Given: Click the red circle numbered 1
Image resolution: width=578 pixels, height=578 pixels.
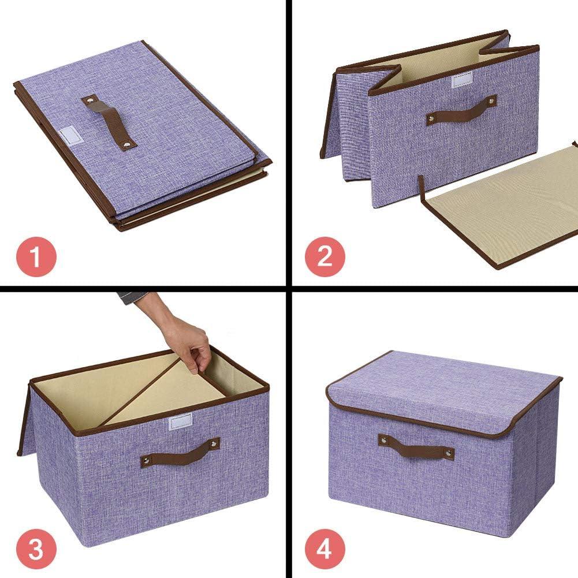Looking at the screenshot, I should pyautogui.click(x=36, y=256).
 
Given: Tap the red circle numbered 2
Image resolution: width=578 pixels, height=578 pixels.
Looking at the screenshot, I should pyautogui.click(x=325, y=256).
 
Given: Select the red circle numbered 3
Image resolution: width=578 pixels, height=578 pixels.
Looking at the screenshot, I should pyautogui.click(x=36, y=548).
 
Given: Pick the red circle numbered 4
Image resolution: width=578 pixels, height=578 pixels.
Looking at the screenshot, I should pyautogui.click(x=325, y=548).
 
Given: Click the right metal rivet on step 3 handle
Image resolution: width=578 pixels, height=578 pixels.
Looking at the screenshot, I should pyautogui.click(x=214, y=444).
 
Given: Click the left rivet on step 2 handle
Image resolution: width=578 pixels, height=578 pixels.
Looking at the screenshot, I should pyautogui.click(x=431, y=120).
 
